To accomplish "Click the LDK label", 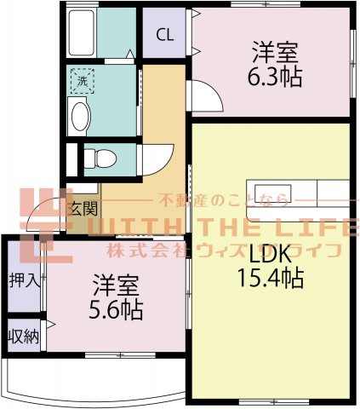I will (x=271, y=253).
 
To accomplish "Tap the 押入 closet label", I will (x=24, y=279).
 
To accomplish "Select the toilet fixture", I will (x=99, y=158).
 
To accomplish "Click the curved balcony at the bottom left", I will (x=85, y=379).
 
